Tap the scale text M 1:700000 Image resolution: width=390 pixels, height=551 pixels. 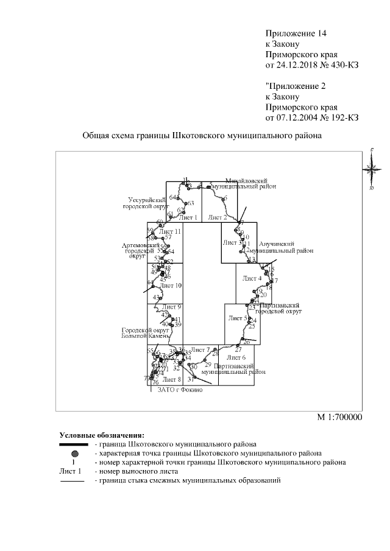click(x=340, y=418)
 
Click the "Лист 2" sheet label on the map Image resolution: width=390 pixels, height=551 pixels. click(x=217, y=217)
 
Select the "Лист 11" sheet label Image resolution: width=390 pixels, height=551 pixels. click(x=169, y=232)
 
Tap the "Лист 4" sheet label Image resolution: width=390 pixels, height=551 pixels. click(x=252, y=278)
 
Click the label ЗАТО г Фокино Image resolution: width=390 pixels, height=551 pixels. click(x=180, y=390)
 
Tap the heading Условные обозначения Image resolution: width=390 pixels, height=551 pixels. click(x=102, y=435)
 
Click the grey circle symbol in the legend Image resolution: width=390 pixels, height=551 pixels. click(x=73, y=454)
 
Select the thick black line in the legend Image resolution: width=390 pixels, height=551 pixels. click(x=73, y=445)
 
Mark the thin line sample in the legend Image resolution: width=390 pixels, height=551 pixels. click(x=73, y=481)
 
